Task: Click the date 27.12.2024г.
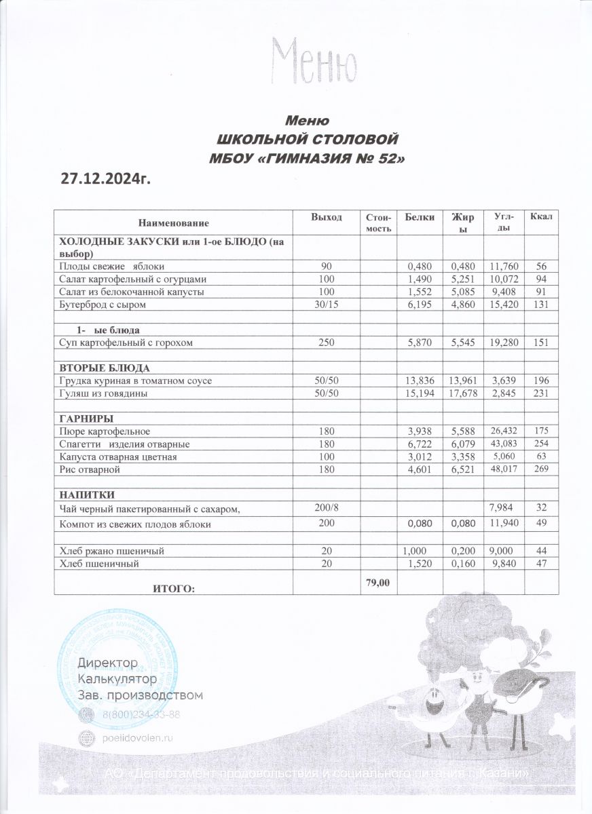105,179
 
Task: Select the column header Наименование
174,222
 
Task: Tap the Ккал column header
541,216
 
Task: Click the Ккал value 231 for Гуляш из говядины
540,393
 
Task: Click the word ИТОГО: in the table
175,588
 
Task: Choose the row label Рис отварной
90,469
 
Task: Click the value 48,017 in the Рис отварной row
494,469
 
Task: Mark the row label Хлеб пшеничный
101,563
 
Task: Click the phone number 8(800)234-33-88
141,715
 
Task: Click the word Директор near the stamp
109,662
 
